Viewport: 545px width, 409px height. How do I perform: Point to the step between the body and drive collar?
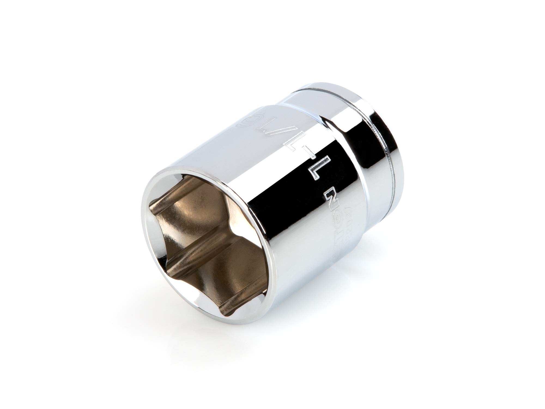tap(335, 123)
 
